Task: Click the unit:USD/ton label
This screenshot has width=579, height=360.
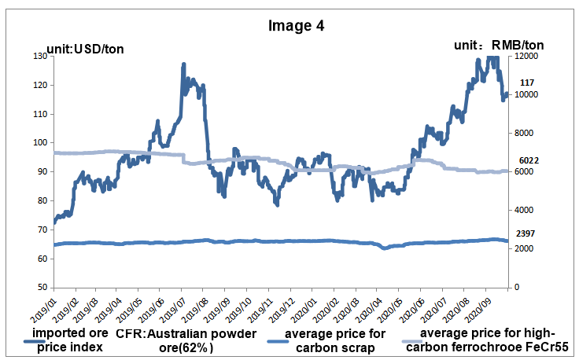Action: [x=85, y=50]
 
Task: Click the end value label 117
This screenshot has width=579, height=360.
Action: [x=528, y=83]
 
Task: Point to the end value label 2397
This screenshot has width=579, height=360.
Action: [x=527, y=234]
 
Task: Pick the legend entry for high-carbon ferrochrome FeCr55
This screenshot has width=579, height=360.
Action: [x=489, y=340]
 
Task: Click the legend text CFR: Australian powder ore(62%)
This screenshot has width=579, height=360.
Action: [x=186, y=340]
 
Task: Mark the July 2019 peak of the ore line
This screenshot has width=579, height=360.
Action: [x=183, y=65]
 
